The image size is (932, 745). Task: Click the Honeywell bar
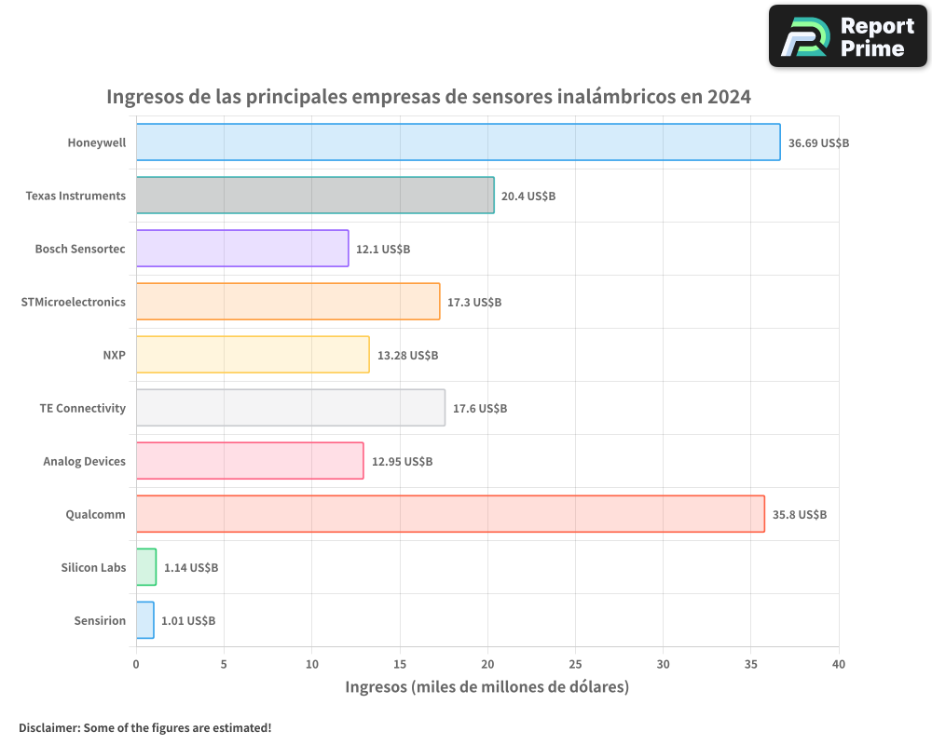(458, 142)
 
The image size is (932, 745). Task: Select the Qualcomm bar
(450, 514)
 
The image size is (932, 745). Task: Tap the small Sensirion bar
(144, 620)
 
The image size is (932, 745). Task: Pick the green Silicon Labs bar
(145, 567)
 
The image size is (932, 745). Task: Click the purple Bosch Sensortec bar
(242, 249)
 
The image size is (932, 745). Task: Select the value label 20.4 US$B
(528, 196)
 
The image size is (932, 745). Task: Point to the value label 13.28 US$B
(407, 355)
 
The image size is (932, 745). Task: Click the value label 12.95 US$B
(402, 461)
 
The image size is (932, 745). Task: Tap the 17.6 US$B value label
(480, 408)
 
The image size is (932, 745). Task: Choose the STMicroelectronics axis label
(74, 302)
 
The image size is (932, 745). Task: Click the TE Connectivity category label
(82, 408)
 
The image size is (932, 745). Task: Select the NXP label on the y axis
(114, 355)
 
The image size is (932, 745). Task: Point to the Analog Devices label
(84, 461)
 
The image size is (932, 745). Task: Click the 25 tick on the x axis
(575, 665)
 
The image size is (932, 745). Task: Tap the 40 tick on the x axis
(839, 665)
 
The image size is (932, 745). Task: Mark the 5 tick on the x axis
(224, 665)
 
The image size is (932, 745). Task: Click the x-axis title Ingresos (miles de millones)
(487, 687)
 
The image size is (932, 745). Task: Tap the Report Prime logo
(847, 36)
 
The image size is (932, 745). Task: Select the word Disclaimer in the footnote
(48, 727)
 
